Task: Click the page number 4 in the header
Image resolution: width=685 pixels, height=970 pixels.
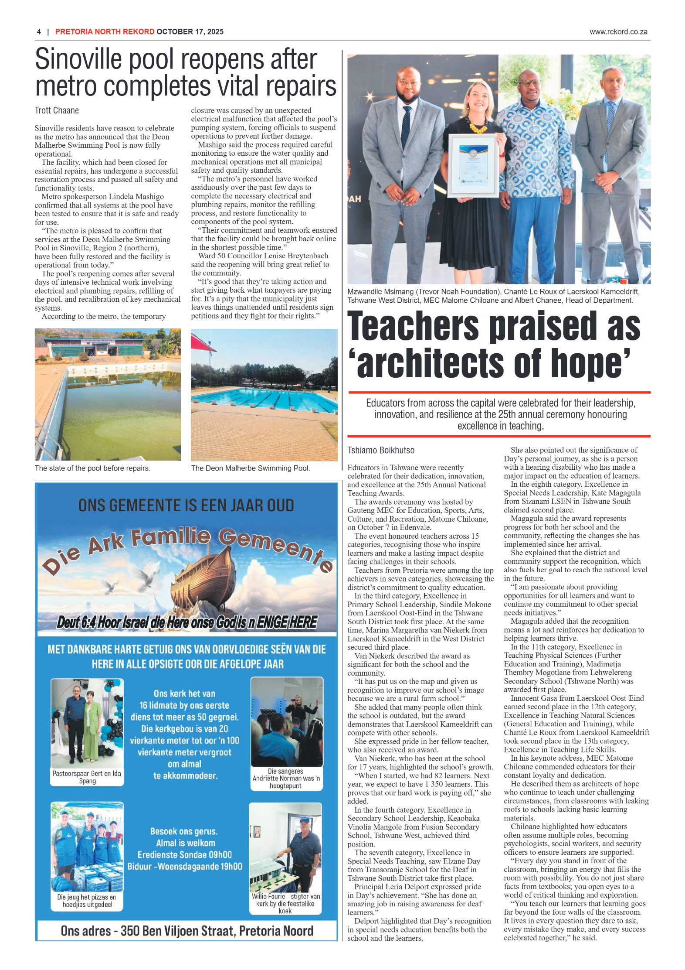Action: click(x=39, y=32)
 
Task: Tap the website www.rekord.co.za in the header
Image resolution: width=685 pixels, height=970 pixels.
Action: click(x=618, y=32)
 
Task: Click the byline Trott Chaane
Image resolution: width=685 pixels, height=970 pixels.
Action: click(x=57, y=110)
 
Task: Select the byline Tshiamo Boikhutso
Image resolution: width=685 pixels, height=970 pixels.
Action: click(x=380, y=450)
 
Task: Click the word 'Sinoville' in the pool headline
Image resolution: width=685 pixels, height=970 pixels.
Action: click(x=78, y=60)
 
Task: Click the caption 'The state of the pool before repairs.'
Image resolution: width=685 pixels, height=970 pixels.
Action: click(x=92, y=468)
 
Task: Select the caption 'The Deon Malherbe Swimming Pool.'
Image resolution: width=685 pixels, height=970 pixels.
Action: click(x=250, y=468)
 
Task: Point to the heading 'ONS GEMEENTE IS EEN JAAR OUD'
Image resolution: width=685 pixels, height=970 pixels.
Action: click(x=186, y=505)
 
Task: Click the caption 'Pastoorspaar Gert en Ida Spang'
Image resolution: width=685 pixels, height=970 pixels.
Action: click(x=87, y=777)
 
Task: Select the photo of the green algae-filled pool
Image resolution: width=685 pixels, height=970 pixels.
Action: click(x=108, y=394)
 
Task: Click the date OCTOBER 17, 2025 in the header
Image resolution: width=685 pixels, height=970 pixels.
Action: click(x=190, y=32)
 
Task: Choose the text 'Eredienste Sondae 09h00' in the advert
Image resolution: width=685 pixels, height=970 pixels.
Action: click(x=185, y=854)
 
